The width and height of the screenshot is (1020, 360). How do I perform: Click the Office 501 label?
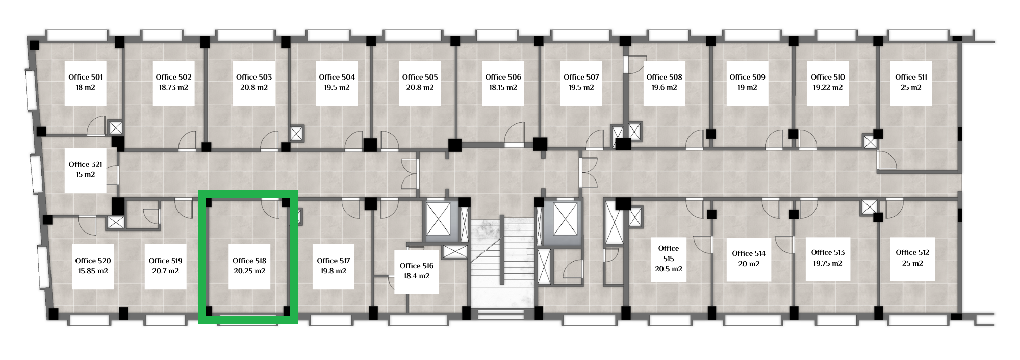(x=86, y=77)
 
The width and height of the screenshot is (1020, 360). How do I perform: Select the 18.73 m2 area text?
(x=173, y=87)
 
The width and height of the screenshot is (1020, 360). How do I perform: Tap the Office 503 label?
(x=254, y=77)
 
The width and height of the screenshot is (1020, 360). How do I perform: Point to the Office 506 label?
(x=503, y=77)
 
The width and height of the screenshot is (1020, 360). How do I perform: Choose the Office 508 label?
(x=664, y=77)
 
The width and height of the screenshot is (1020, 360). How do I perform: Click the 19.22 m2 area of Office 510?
(x=828, y=87)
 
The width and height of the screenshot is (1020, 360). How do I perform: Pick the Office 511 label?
(x=911, y=77)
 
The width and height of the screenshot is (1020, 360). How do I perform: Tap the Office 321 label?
(x=86, y=164)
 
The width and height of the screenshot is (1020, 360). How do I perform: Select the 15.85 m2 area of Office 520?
(x=93, y=271)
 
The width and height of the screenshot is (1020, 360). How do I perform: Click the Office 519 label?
(x=166, y=261)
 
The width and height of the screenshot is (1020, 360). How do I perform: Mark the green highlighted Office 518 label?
(x=249, y=261)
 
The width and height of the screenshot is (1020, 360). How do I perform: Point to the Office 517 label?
(x=334, y=261)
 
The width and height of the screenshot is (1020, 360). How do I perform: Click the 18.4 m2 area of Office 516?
(x=417, y=276)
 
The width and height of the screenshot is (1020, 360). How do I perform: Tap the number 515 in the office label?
(x=669, y=259)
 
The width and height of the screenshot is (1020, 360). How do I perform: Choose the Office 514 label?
(x=749, y=253)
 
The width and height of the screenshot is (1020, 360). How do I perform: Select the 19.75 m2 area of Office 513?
(x=828, y=263)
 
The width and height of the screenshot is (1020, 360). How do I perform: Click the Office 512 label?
(x=912, y=252)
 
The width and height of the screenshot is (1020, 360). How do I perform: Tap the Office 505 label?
(x=420, y=77)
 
